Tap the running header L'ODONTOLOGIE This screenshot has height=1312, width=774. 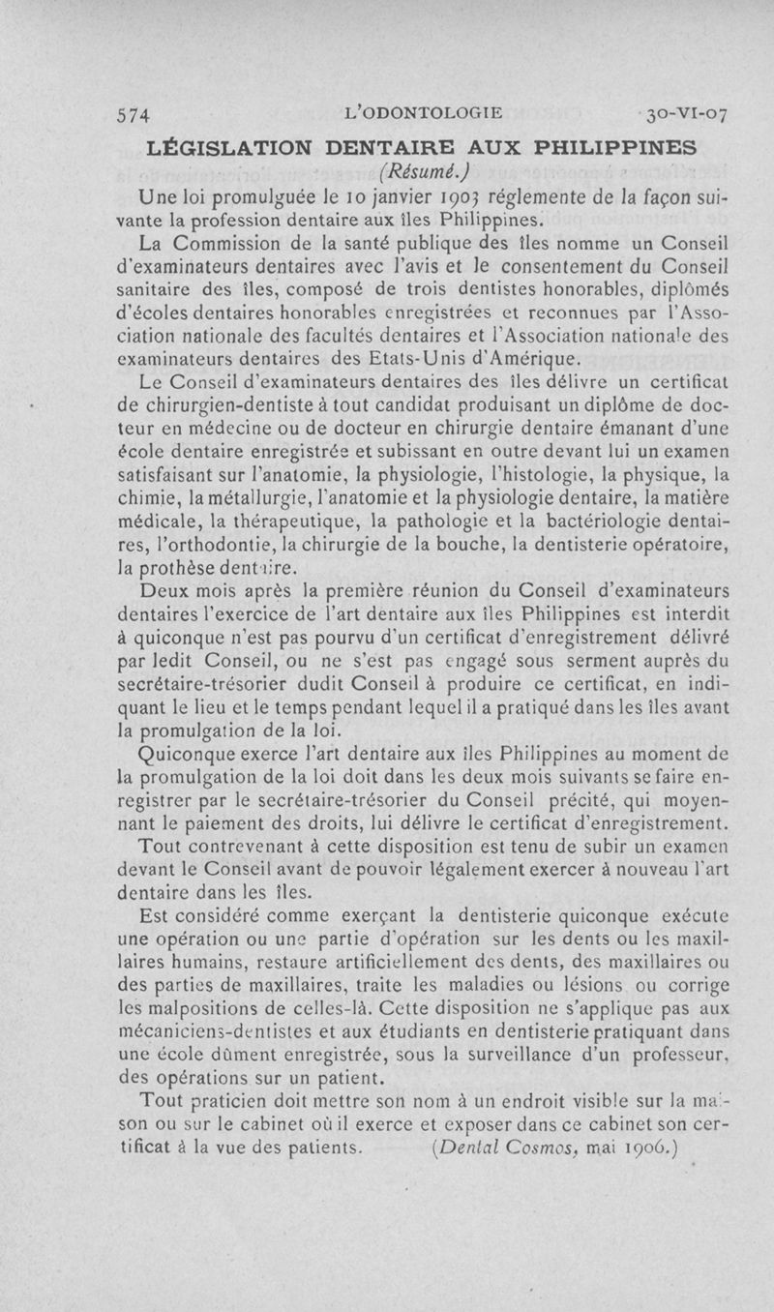point(424,112)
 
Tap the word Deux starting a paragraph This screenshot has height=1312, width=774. point(167,590)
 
